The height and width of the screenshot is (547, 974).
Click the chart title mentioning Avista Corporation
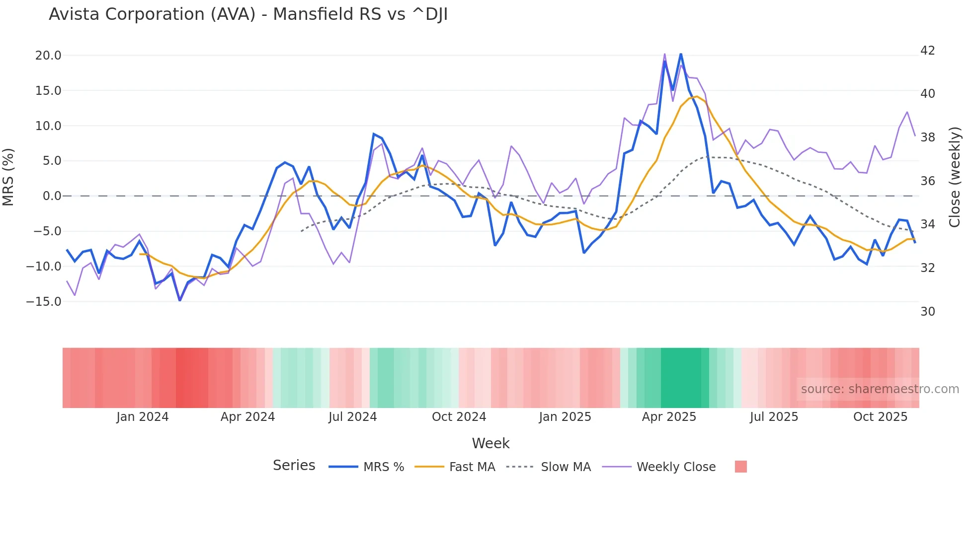[x=248, y=14]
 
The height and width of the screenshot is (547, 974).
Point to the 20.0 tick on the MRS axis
[x=48, y=56]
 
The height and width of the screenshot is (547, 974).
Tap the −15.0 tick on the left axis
[x=44, y=302]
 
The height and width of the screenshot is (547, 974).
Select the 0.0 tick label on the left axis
[x=52, y=196]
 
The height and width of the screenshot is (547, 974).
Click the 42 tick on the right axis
[x=927, y=51]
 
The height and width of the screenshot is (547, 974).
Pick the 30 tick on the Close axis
[x=927, y=312]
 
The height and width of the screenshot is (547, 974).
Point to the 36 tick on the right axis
[x=927, y=181]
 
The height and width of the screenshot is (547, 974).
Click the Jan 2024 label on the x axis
[x=143, y=417]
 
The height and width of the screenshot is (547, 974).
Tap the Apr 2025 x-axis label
[x=669, y=417]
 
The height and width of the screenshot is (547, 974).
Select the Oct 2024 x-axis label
[x=459, y=417]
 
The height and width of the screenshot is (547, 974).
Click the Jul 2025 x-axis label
[x=774, y=417]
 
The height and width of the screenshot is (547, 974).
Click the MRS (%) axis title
[x=8, y=177]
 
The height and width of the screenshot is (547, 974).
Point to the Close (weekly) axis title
[x=955, y=177]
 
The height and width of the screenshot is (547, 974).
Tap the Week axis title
[x=490, y=443]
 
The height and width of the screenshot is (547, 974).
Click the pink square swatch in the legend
[x=740, y=467]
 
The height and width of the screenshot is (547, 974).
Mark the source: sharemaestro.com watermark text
[x=880, y=389]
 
